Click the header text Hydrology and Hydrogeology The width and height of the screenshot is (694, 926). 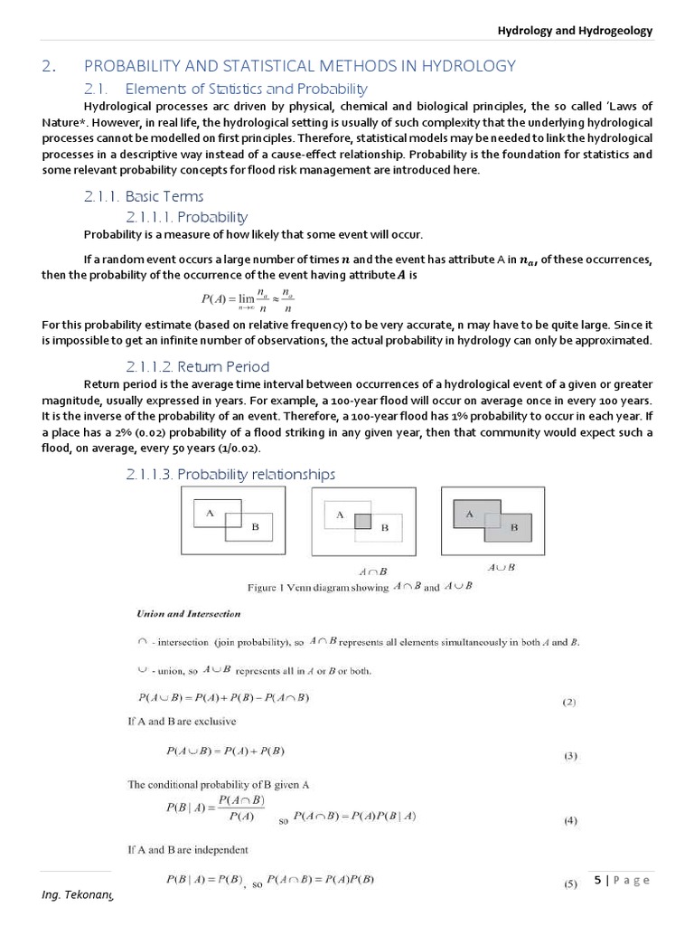(x=575, y=30)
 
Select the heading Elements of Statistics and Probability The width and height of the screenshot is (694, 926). (x=246, y=89)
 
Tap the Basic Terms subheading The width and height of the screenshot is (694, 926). (x=164, y=196)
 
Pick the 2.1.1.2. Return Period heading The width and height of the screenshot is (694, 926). (x=198, y=366)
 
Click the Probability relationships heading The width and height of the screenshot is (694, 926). (x=230, y=474)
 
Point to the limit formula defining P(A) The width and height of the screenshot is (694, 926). (x=247, y=300)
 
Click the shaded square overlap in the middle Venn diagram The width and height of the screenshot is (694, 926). (x=362, y=521)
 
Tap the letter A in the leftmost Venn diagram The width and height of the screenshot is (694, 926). (x=210, y=513)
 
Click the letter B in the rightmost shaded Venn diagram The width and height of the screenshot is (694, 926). (x=514, y=526)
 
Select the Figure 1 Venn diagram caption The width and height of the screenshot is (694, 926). (x=360, y=587)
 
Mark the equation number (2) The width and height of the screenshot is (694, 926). (x=569, y=701)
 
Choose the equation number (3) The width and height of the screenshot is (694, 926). (x=569, y=756)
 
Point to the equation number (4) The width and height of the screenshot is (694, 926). (x=569, y=821)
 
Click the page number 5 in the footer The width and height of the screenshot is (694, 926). (x=597, y=880)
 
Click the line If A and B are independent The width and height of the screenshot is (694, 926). (x=187, y=849)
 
